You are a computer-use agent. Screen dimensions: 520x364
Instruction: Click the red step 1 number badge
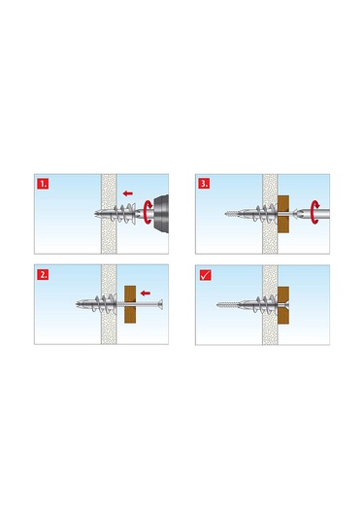43,182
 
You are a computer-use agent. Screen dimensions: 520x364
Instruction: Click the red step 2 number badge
43,274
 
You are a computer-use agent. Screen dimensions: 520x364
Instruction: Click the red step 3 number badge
205,182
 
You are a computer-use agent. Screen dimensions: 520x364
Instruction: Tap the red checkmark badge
205,274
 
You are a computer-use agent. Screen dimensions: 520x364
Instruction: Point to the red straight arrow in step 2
145,292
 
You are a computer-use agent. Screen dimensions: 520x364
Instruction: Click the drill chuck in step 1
157,213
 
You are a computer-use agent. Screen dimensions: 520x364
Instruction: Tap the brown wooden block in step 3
283,213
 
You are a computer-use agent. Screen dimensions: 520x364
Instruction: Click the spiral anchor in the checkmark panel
263,304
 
